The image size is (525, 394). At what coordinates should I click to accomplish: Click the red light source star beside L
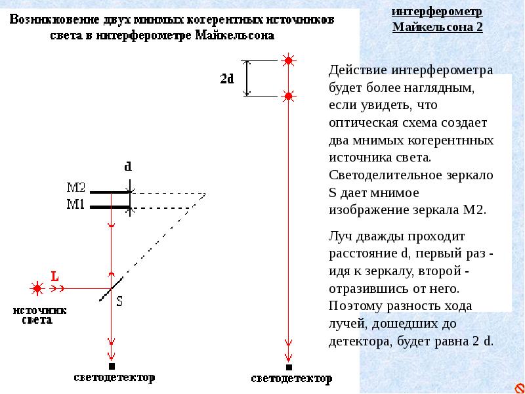pos(37,288)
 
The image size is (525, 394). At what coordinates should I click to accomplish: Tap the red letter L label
pos(54,276)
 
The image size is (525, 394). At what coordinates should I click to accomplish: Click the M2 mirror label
pos(76,188)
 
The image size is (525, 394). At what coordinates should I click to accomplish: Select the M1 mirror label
pos(75,204)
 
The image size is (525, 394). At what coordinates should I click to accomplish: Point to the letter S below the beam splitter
pos(119,301)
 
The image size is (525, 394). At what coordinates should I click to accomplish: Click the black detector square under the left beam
pos(112,366)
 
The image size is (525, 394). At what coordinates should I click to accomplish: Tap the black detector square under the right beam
pos(289,367)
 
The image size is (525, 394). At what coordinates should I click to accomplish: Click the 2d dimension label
pos(226,79)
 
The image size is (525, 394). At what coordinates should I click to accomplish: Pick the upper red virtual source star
pos(288,60)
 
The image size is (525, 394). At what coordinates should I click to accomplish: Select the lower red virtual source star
pos(288,96)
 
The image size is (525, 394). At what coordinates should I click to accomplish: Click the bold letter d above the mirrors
pos(128,166)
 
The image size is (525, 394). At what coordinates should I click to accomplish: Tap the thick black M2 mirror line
pos(110,192)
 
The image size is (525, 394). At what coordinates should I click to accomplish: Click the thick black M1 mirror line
pos(110,208)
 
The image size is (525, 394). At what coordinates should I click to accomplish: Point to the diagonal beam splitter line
pos(111,289)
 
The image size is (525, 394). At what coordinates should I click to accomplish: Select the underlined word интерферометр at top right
pos(437,11)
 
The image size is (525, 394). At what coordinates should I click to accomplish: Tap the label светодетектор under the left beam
pos(114,378)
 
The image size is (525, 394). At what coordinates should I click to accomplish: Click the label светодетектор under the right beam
pos(291,379)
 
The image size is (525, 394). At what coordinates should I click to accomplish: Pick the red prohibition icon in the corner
pos(519,388)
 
